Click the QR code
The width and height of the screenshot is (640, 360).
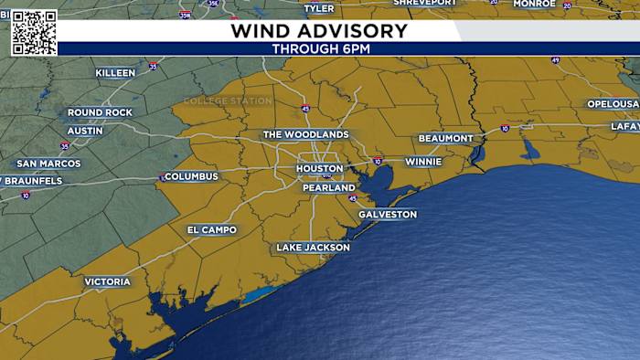coord(34,33)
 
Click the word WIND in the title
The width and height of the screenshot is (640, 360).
coord(259,31)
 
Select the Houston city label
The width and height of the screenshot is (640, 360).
coord(320,169)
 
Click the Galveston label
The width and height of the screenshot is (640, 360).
coord(387,215)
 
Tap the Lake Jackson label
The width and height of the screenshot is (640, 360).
coord(313,248)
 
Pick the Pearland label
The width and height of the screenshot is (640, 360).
coord(328,188)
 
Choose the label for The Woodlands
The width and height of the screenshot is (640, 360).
coord(305,135)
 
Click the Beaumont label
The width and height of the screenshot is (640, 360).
coord(445,139)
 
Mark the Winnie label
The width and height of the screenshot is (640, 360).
coord(422,162)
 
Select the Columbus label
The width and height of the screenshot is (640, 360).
coord(191,176)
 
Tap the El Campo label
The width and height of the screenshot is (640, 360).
coord(211,230)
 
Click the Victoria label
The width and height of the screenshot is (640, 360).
coord(107,282)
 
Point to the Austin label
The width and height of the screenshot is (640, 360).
coord(85,131)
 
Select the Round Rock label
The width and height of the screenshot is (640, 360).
coord(100,113)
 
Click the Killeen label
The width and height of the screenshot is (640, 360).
coord(114,73)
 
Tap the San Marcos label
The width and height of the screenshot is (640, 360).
coord(48,164)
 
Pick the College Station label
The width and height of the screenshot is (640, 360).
coord(228,101)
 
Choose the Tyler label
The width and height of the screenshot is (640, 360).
coord(319,8)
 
